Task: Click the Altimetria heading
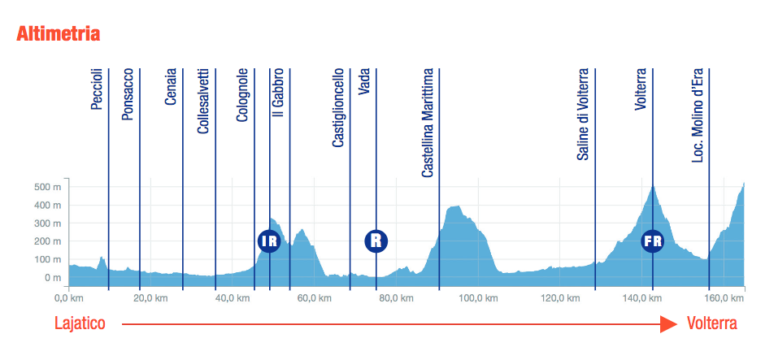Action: tap(59, 34)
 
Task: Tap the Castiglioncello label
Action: tap(339, 107)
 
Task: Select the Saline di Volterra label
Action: tap(583, 115)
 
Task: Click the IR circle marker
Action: tap(269, 241)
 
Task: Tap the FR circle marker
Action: tap(653, 241)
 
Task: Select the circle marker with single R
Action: tap(376, 241)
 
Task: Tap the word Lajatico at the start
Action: tap(80, 323)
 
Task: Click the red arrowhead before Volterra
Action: tap(669, 324)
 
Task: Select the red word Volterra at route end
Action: tap(712, 323)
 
